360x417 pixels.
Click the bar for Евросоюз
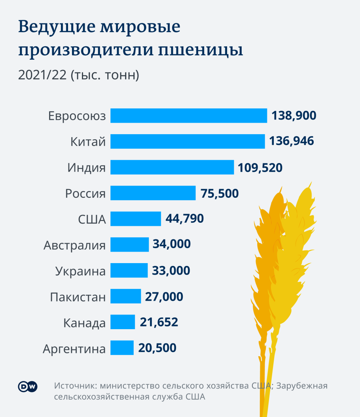[x=188, y=116]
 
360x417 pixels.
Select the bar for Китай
[x=187, y=141]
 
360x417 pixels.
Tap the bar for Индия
[x=172, y=167]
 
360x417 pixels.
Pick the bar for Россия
[x=153, y=193]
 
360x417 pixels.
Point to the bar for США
[x=135, y=219]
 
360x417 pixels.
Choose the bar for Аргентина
[x=122, y=348]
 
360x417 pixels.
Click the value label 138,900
[x=294, y=116]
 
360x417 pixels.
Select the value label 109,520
[x=260, y=167]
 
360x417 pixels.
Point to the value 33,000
[x=171, y=271]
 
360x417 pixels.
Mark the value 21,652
[x=159, y=322]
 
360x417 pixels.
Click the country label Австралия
[x=75, y=245]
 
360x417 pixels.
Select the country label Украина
[x=80, y=271]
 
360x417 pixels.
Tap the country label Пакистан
[x=78, y=297]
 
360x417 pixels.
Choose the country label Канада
[x=84, y=323]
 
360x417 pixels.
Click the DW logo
[x=27, y=387]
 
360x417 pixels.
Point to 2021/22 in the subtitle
[x=42, y=75]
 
